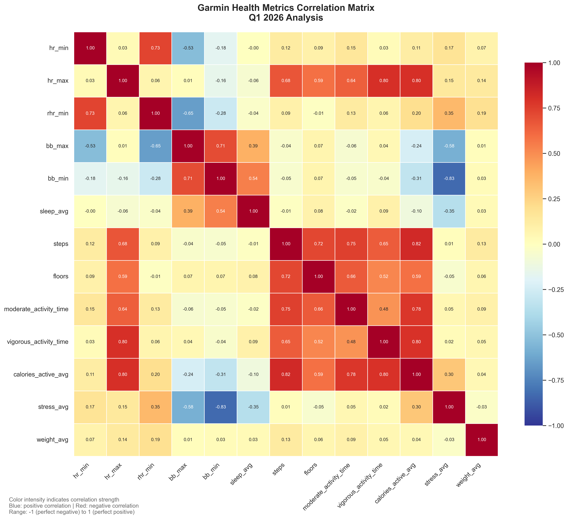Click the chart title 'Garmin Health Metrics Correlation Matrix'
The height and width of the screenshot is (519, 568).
(x=286, y=8)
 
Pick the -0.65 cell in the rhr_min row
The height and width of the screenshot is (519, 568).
(x=188, y=113)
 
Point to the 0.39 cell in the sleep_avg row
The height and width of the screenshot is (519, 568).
(x=188, y=211)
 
